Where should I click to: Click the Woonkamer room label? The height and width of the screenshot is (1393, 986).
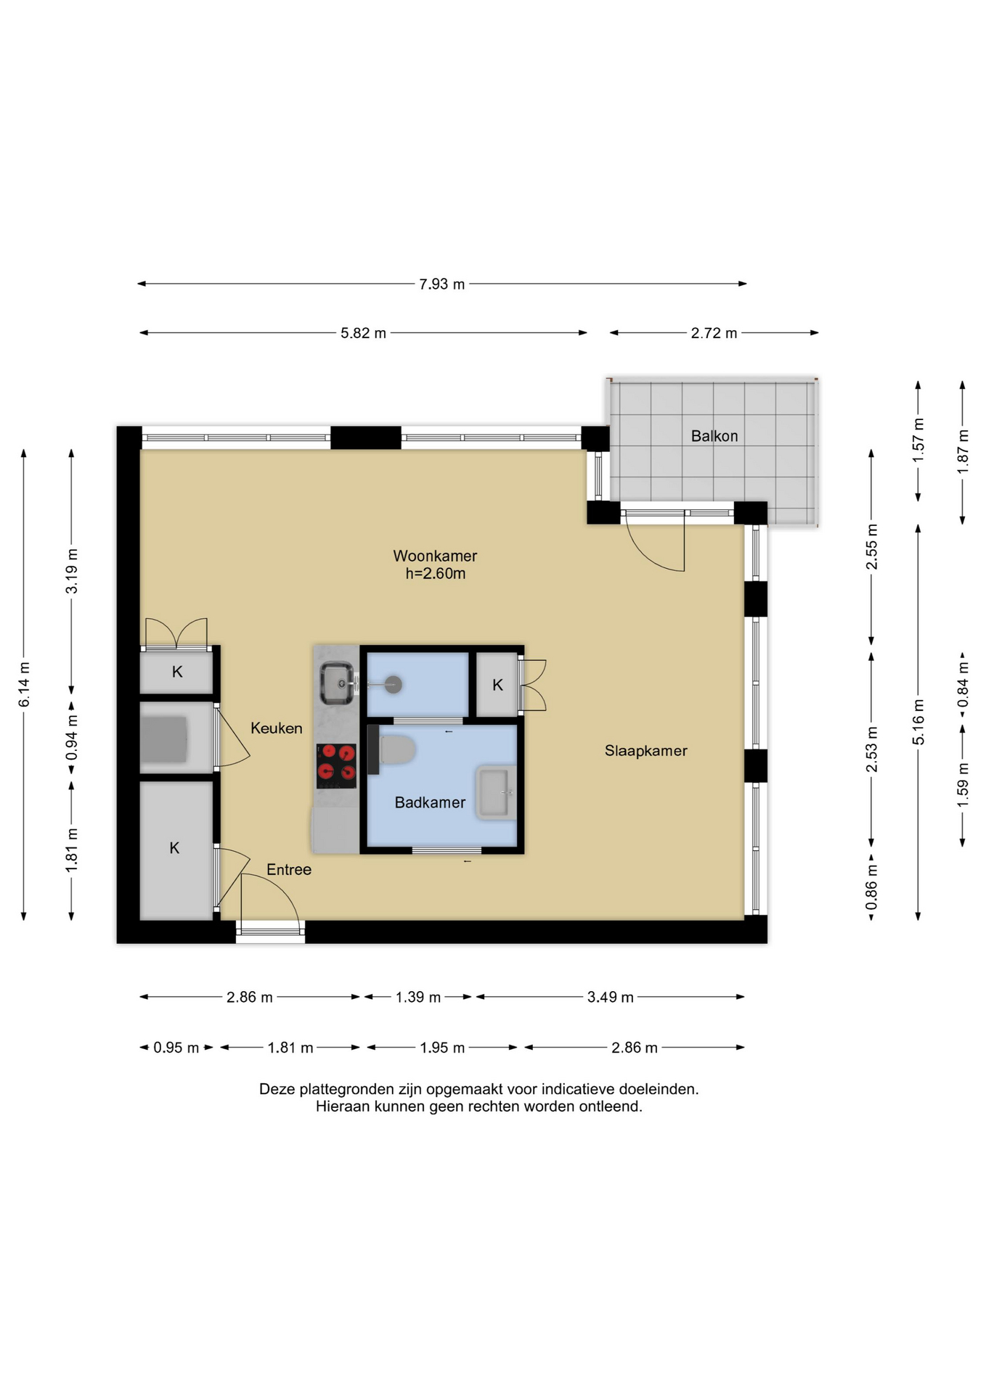click(x=435, y=556)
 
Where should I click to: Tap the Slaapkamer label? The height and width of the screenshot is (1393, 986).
click(x=645, y=751)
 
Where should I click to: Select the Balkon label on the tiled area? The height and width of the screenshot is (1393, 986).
click(x=714, y=436)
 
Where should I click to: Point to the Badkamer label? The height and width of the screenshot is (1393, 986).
click(x=430, y=802)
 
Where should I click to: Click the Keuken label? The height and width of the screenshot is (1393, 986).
click(x=276, y=728)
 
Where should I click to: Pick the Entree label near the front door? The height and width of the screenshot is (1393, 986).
click(x=288, y=869)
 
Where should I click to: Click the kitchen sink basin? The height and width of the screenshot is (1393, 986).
click(x=337, y=683)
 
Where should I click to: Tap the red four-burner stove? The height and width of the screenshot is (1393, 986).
click(x=336, y=766)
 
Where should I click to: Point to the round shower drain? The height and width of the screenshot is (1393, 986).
click(x=393, y=684)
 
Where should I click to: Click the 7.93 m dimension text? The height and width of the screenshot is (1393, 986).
click(x=441, y=284)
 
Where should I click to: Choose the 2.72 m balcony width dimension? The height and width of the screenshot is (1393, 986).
click(x=714, y=333)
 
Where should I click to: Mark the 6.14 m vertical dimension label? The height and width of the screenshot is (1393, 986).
click(x=24, y=684)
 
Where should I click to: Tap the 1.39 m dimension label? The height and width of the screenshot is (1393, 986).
click(x=417, y=997)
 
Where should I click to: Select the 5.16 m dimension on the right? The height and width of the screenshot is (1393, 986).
click(x=918, y=722)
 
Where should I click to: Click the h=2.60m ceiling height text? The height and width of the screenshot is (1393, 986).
click(x=435, y=574)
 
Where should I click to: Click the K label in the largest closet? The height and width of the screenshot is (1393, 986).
click(x=174, y=847)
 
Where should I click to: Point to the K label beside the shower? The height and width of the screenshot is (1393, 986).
click(x=497, y=685)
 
